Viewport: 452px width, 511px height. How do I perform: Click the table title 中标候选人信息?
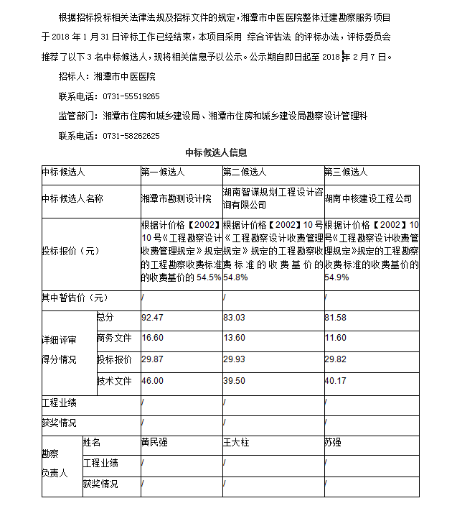coord(216,152)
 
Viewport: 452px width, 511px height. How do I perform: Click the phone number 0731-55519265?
coord(131,96)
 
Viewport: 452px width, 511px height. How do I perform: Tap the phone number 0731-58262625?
coord(131,135)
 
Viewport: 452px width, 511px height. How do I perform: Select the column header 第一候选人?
coord(163,172)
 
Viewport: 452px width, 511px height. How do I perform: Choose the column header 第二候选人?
coord(245,172)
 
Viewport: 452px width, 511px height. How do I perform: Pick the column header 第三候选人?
coord(346,172)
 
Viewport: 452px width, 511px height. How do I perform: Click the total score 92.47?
coord(153,318)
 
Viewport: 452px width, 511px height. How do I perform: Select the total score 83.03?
coord(234,318)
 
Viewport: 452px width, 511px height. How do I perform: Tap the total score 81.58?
coord(335,318)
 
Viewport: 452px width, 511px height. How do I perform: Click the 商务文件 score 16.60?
coord(153,338)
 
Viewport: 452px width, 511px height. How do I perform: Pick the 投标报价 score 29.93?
coord(234,359)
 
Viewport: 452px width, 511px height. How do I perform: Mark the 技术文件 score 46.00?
coord(153,381)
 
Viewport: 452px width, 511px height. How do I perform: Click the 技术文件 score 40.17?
coord(335,381)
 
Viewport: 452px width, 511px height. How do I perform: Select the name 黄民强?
coord(154,443)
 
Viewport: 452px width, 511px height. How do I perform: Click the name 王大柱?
coord(236,443)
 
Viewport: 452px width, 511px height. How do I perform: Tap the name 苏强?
coord(333,443)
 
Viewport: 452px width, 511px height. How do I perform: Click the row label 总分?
coord(105,318)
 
